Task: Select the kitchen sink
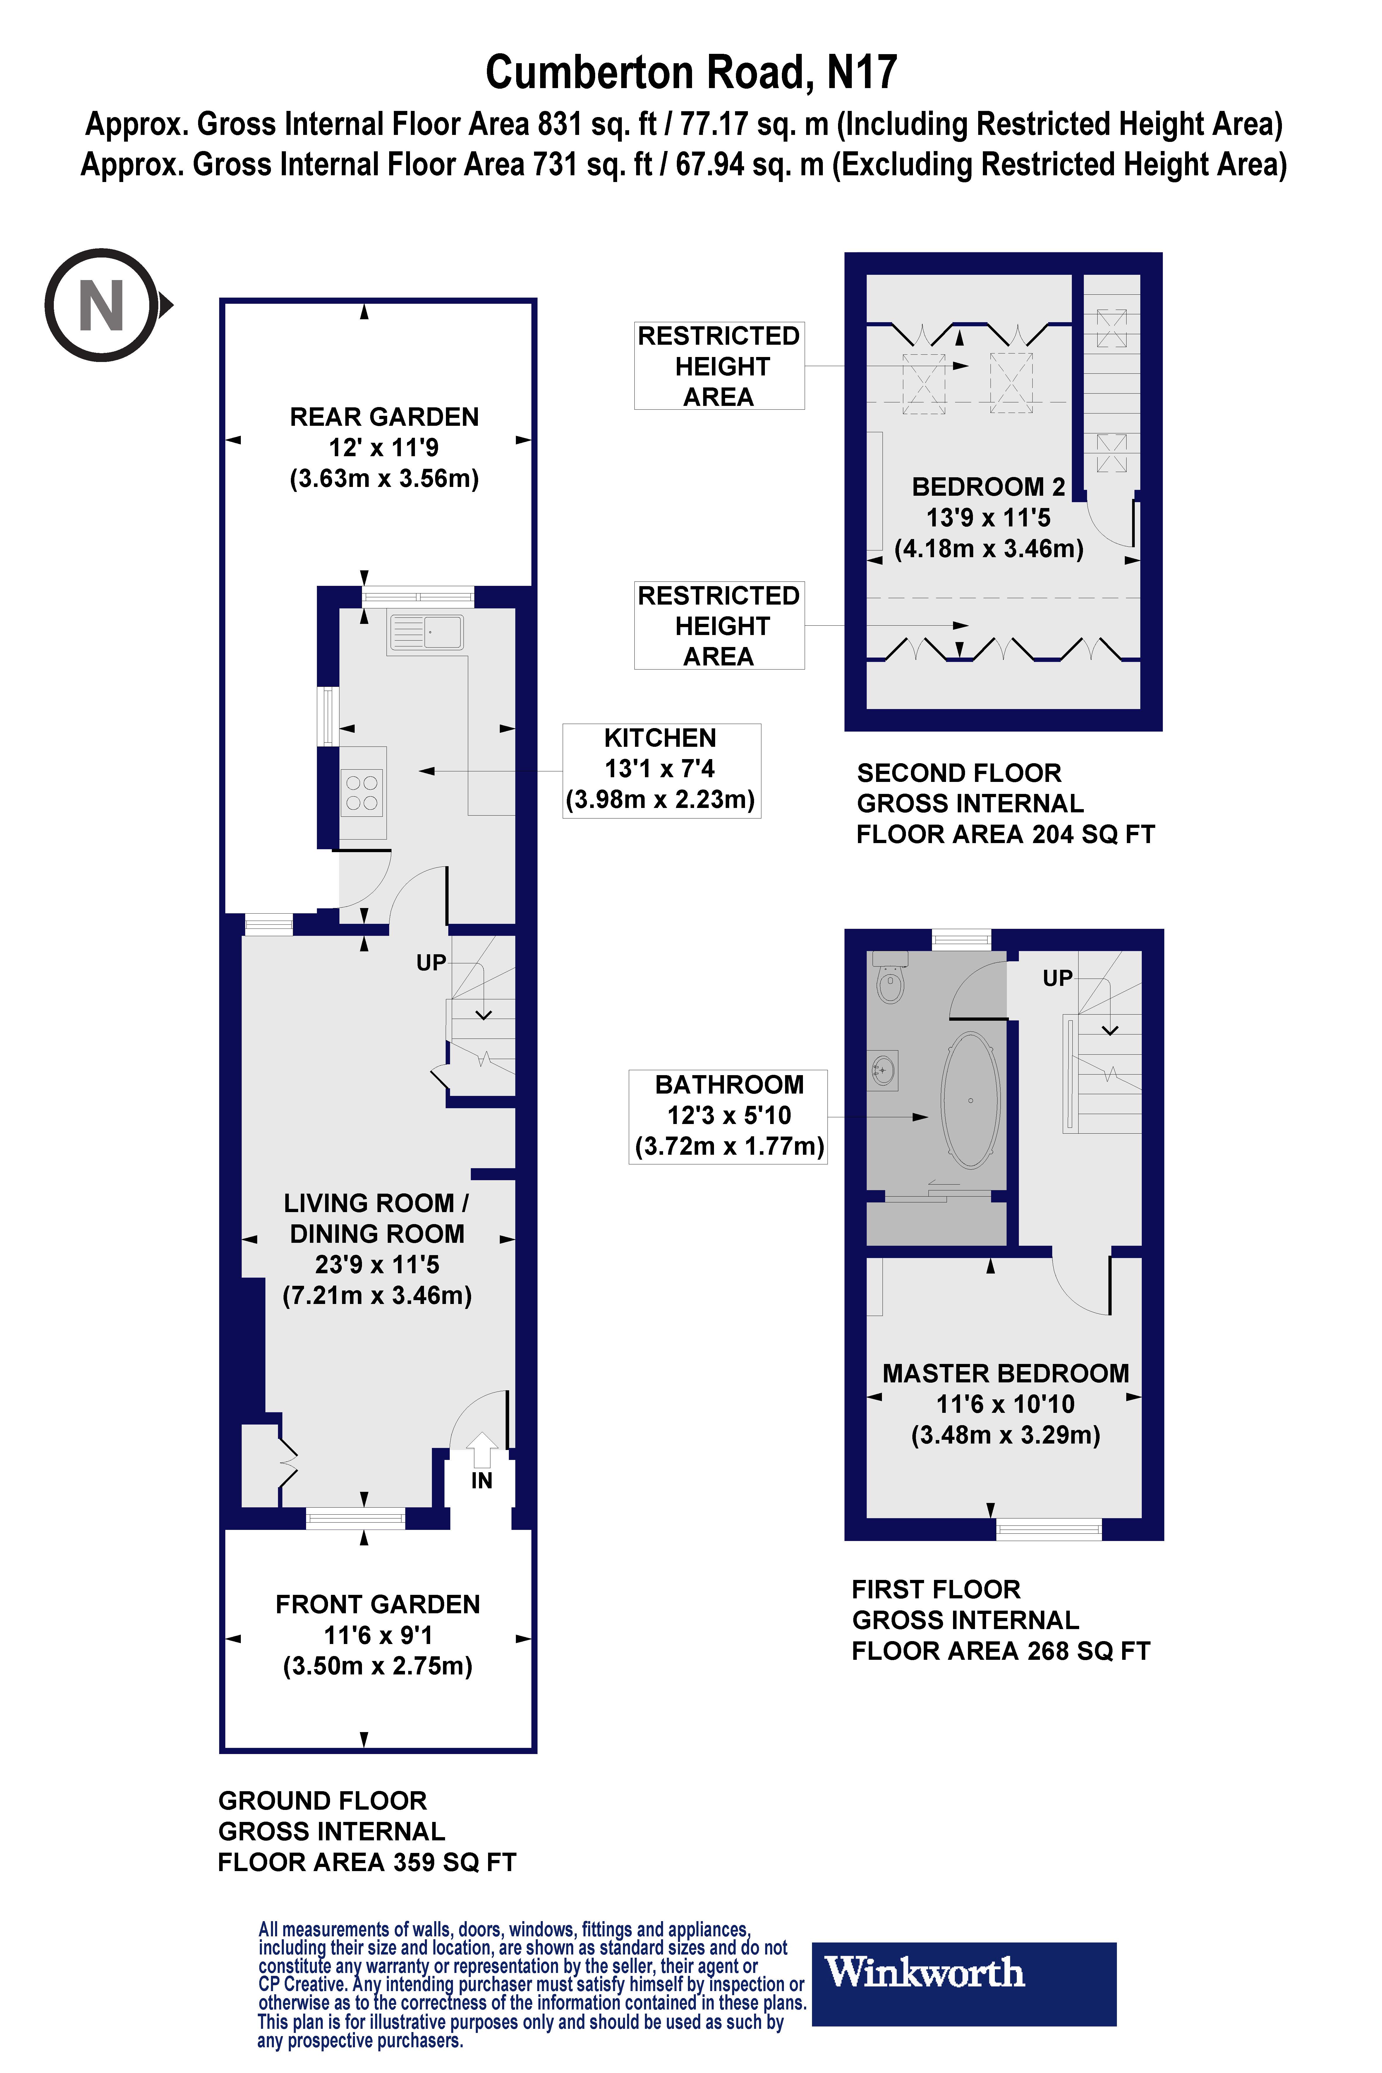(x=426, y=632)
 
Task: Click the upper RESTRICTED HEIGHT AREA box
(x=719, y=366)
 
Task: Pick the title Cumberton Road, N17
(x=691, y=72)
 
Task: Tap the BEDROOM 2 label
(x=988, y=487)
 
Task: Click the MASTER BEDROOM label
(x=1005, y=1373)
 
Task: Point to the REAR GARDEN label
(x=384, y=417)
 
